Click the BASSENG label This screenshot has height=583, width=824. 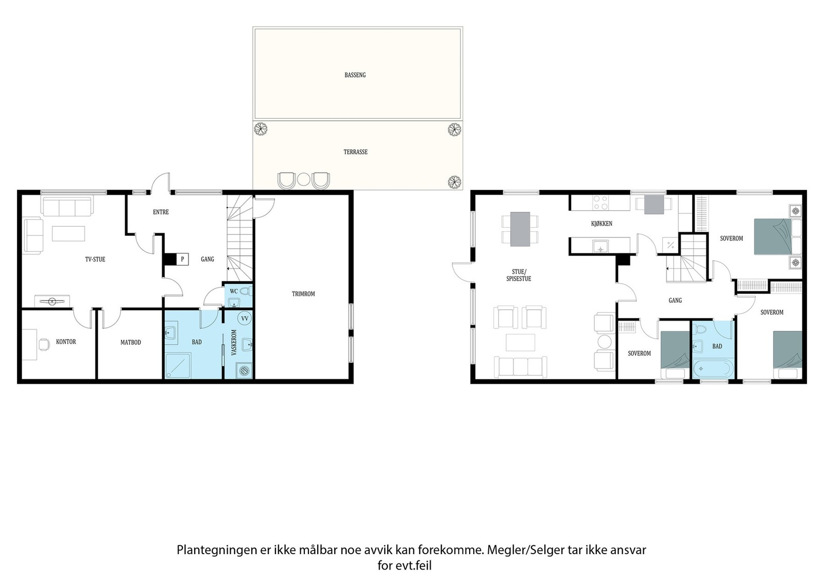coord(355,75)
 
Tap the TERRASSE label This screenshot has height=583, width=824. coord(355,152)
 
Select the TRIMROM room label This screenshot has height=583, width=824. coord(303,294)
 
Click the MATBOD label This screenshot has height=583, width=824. coord(131,342)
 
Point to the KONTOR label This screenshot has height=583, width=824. coord(66,341)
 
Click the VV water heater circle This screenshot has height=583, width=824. coord(245,318)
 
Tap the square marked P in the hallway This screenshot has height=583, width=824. coord(182,260)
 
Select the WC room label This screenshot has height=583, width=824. coord(234,291)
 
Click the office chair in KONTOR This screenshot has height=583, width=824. coord(44,344)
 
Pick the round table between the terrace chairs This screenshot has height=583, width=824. coord(303,180)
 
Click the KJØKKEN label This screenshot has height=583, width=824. coord(602,224)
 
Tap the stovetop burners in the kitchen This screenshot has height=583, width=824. coord(600,203)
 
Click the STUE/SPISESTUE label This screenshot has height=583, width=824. coord(519,276)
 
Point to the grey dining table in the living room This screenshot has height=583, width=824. coord(520,229)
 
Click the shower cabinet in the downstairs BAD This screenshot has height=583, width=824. coord(178,366)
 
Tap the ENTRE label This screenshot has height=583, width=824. coord(161,212)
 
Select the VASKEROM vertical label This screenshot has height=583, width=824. coord(234,342)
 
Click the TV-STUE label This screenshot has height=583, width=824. coord(95,260)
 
